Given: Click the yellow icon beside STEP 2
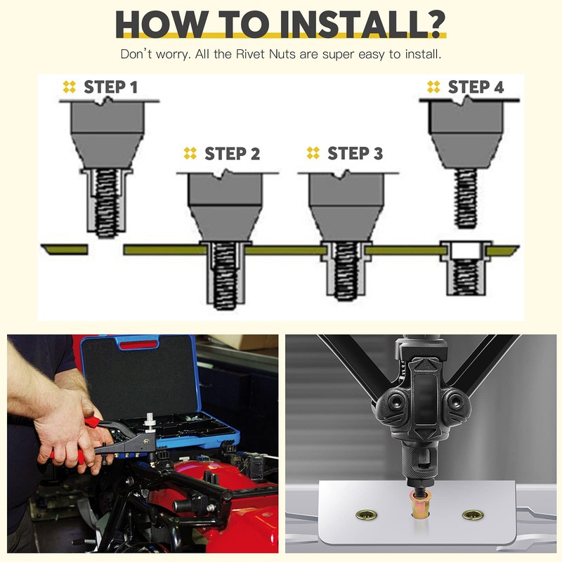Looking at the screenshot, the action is pyautogui.click(x=190, y=153).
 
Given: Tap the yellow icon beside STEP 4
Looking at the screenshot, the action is pyautogui.click(x=433, y=86).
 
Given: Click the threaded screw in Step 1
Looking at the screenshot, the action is pyautogui.click(x=107, y=203).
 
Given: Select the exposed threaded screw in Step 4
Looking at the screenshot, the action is pyautogui.click(x=466, y=199).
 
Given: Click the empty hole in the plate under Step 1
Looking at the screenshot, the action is pyautogui.click(x=105, y=249).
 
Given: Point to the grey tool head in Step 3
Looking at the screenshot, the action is pyautogui.click(x=346, y=206).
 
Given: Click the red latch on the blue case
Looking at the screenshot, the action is pyautogui.click(x=138, y=345).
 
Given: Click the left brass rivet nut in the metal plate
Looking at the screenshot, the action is pyautogui.click(x=366, y=515).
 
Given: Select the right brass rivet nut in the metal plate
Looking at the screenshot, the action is pyautogui.click(x=473, y=515).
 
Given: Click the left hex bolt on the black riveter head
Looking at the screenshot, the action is pyautogui.click(x=396, y=400).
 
